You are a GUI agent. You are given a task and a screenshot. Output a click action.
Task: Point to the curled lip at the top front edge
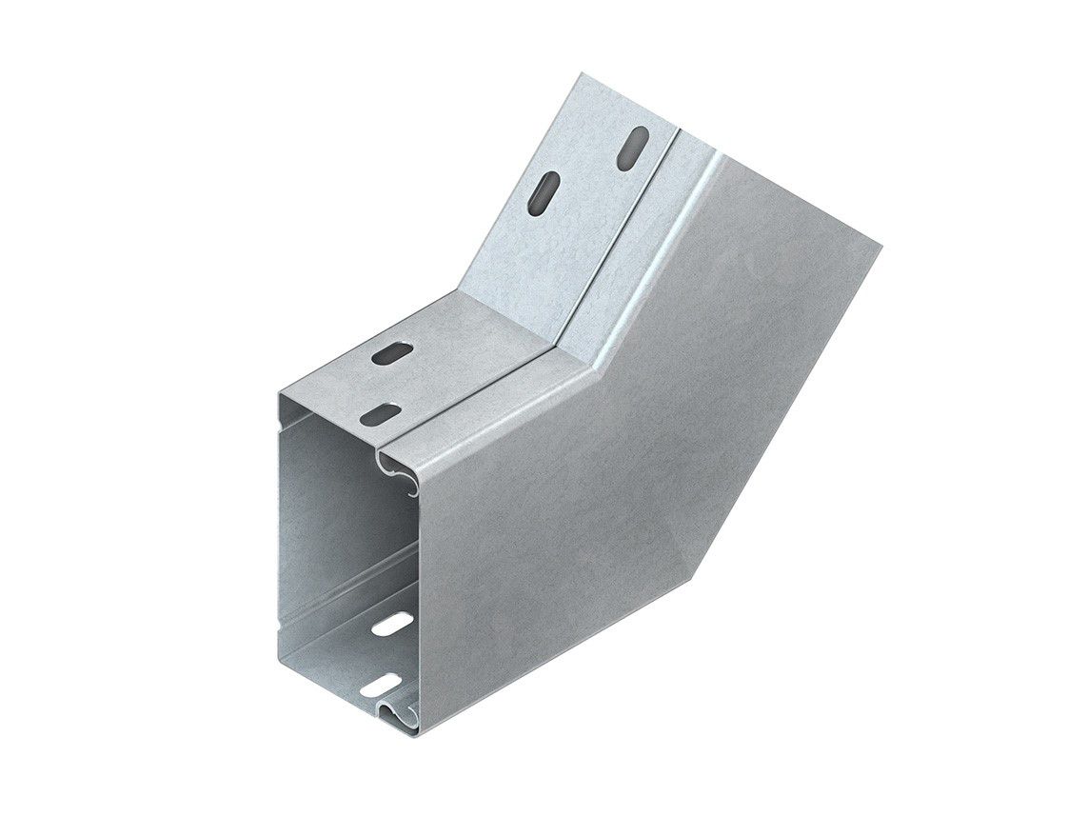tap(400, 462)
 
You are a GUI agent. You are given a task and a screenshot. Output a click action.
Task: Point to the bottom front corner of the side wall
tap(419, 733)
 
